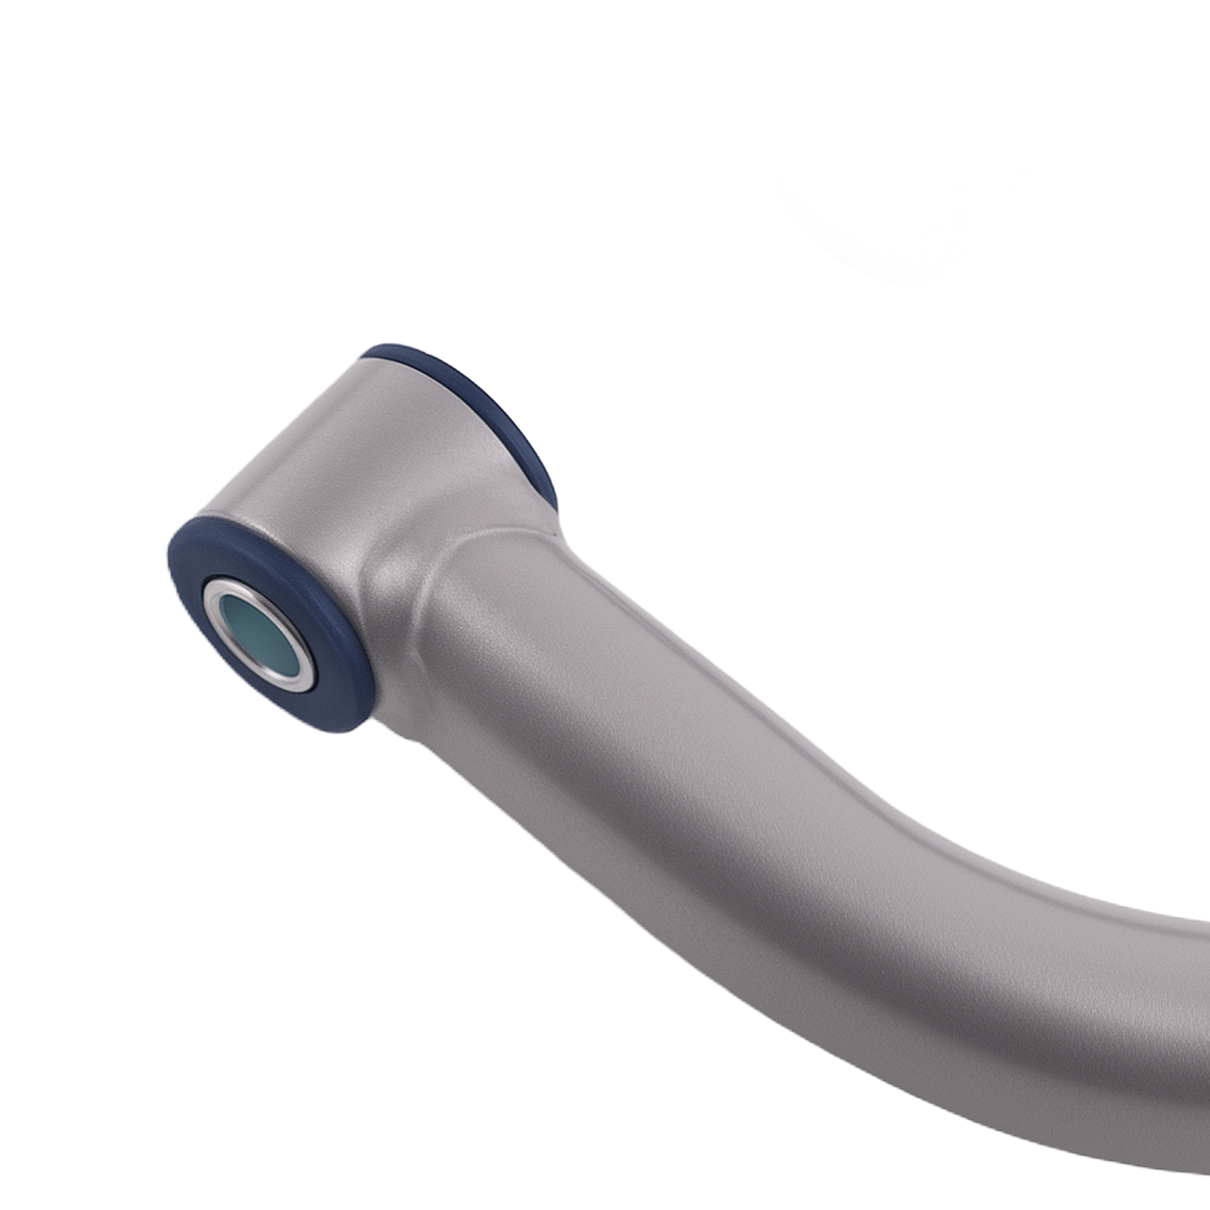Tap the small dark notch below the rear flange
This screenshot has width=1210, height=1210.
click(558, 522)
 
